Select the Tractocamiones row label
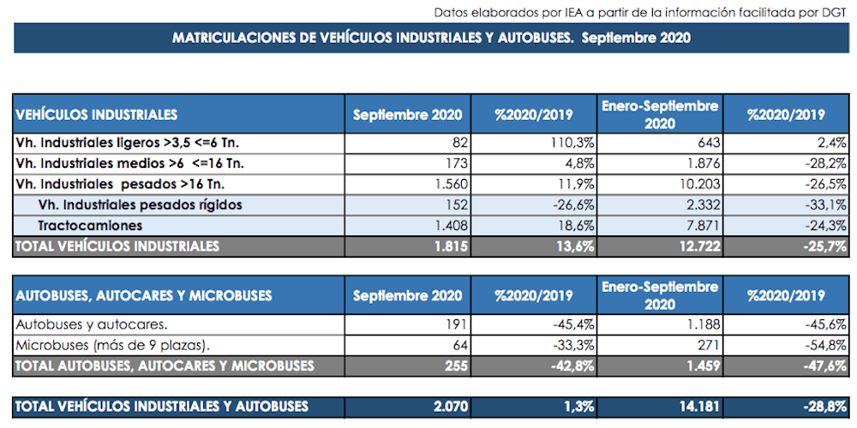pos(90,225)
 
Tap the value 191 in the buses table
pos(455,324)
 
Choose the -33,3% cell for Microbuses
pos(571,345)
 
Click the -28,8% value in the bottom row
pos(825,407)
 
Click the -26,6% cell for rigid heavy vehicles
pos(571,205)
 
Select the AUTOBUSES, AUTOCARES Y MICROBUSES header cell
pos(144,296)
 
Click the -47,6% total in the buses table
pos(825,366)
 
